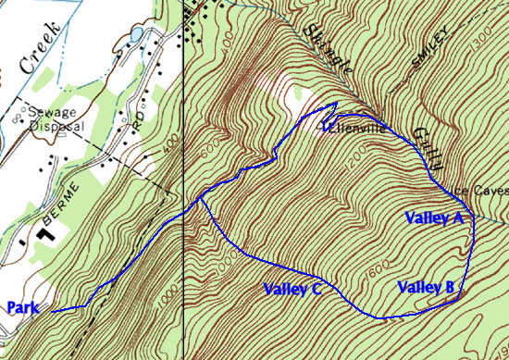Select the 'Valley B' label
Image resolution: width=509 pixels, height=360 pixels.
426,287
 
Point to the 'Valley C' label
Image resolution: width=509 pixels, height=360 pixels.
292,290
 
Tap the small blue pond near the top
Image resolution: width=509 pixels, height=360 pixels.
138,35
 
